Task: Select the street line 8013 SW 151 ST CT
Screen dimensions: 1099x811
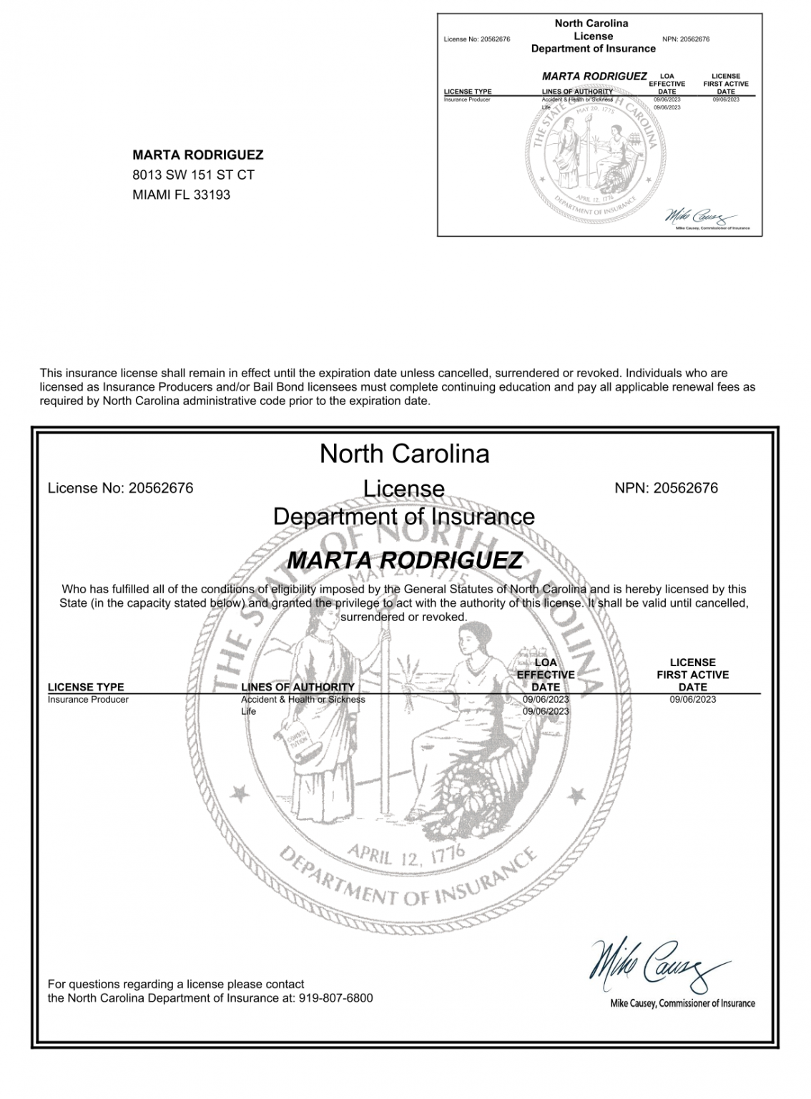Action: point(193,175)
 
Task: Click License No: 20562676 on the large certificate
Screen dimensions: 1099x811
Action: point(120,488)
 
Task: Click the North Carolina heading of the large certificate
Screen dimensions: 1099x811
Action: point(404,454)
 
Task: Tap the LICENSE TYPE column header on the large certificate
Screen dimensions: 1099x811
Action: point(86,687)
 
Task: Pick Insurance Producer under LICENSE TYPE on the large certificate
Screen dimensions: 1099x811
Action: point(88,699)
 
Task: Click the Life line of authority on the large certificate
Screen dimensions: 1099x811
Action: point(248,711)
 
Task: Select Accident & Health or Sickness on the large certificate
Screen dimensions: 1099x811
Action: point(303,699)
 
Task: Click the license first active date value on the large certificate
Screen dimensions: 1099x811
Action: point(692,699)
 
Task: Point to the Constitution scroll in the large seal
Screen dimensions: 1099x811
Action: point(296,745)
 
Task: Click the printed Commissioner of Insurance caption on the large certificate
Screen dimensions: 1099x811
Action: point(682,1003)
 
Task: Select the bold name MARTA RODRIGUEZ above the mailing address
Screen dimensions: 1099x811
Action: point(197,155)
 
